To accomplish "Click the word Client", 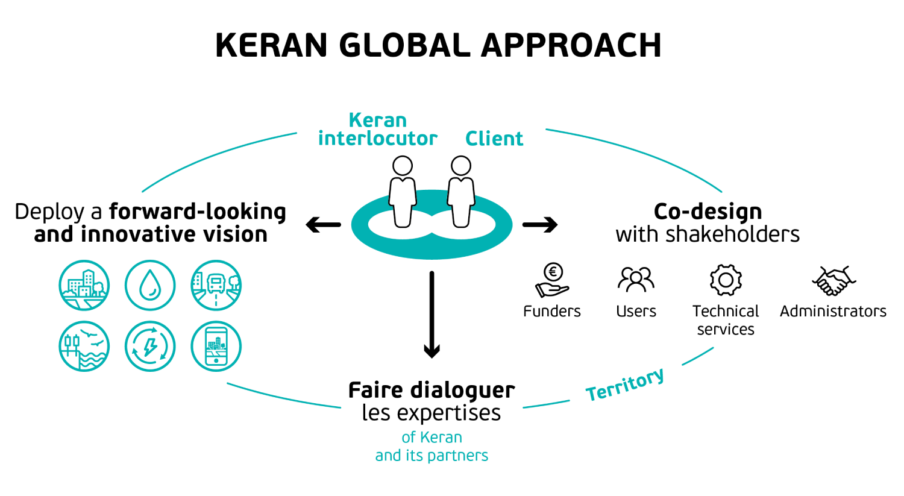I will pos(494,139).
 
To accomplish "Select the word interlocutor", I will pos(377,139).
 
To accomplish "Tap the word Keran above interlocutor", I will pos(377,120).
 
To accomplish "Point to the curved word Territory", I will pos(625,385).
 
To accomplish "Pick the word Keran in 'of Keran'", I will pos(440,438).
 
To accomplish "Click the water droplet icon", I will pos(150,285).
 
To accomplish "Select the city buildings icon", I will pos(84,285).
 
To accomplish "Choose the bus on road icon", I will pos(216,285).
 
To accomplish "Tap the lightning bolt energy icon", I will pos(150,346).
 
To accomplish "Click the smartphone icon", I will pos(216,346).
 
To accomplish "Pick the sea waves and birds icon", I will pos(84,346).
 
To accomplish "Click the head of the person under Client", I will pos(461,166).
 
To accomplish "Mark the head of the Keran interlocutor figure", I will pos(403,166).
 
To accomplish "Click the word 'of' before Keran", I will pos(408,438).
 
